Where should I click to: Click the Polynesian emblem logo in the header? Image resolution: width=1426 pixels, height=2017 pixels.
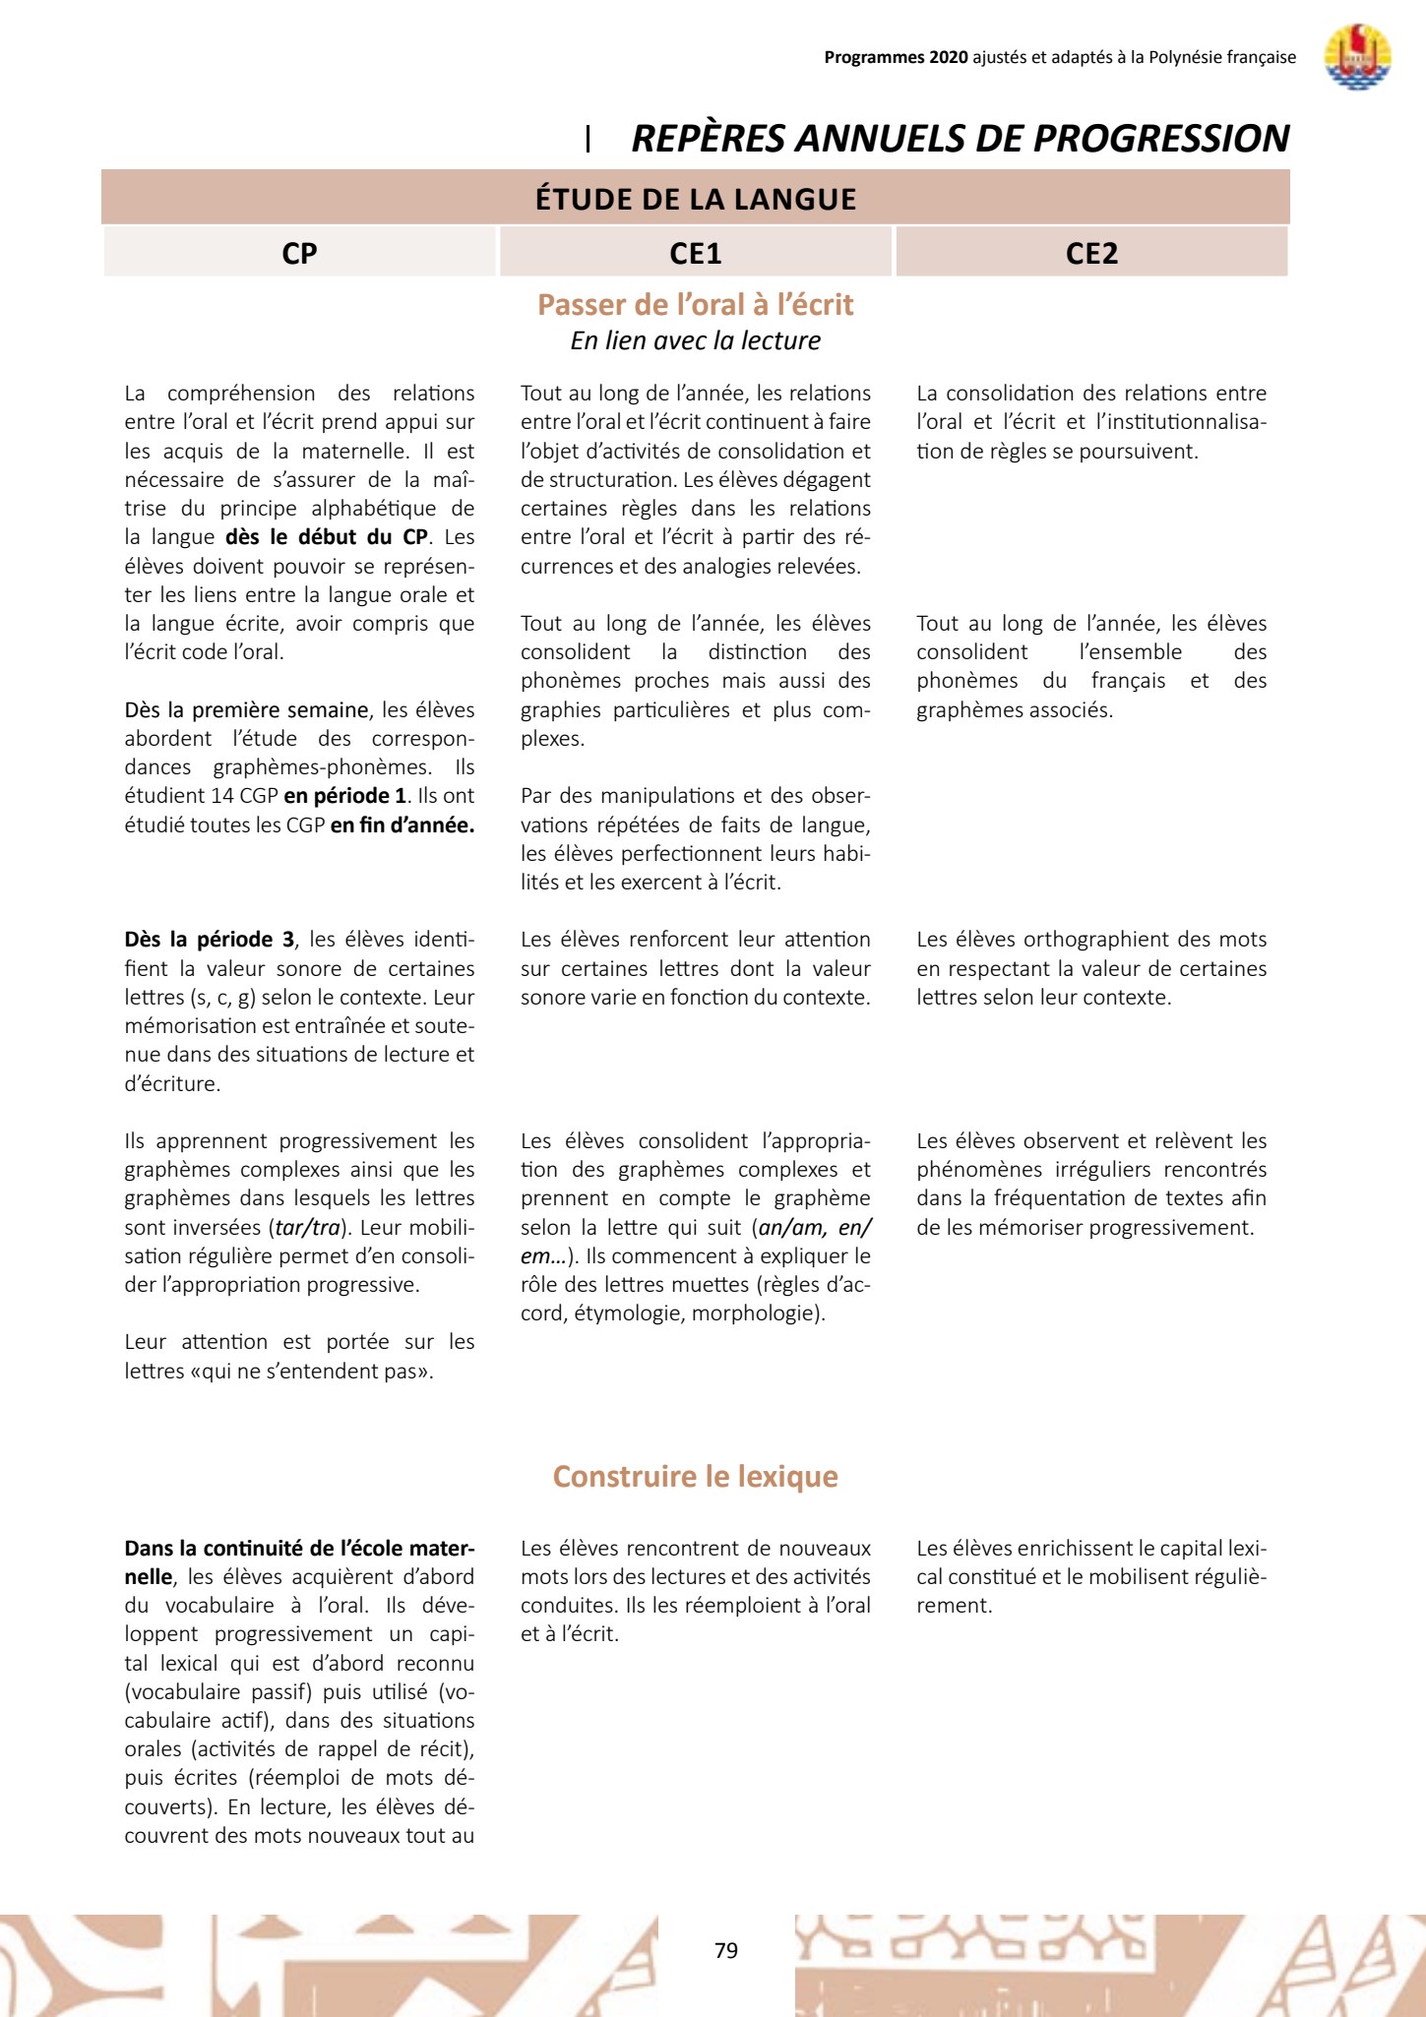click(1357, 57)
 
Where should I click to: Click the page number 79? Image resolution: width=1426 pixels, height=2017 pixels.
click(726, 1950)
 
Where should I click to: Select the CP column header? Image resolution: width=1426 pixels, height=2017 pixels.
click(299, 254)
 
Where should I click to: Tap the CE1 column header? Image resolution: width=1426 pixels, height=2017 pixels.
click(696, 254)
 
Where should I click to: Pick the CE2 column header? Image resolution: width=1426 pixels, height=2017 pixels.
click(1091, 254)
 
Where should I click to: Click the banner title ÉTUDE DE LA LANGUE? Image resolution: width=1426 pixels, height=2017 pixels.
click(696, 199)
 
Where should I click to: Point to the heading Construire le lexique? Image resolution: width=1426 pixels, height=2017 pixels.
click(696, 1476)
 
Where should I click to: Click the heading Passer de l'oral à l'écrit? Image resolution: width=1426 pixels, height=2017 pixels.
click(696, 305)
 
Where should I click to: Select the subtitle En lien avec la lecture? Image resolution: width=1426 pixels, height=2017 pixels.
click(696, 340)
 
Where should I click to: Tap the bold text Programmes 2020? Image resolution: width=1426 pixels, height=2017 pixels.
click(896, 57)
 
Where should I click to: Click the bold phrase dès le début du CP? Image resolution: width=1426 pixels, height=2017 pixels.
click(327, 537)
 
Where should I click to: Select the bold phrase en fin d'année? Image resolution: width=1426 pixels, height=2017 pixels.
click(402, 825)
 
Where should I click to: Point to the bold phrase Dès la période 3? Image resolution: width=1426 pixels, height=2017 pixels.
click(209, 940)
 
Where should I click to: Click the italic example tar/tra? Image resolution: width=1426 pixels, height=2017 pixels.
click(307, 1228)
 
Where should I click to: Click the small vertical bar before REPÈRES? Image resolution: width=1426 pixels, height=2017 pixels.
click(588, 139)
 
